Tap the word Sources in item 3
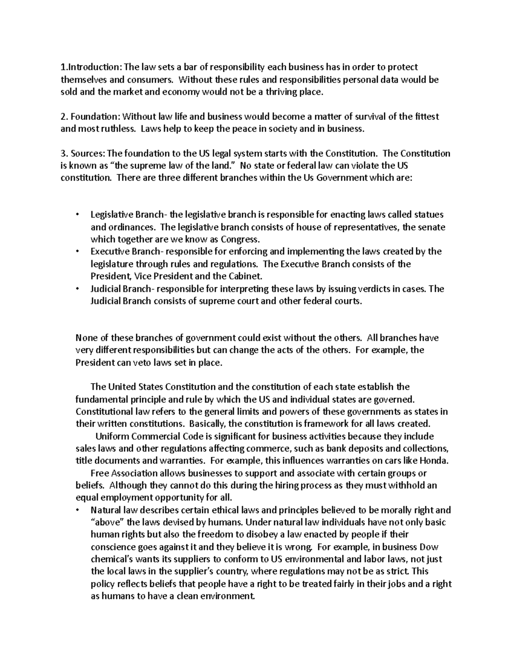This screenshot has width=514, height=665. point(87,153)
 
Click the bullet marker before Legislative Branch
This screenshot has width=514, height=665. point(77,215)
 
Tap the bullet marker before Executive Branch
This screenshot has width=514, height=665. point(77,252)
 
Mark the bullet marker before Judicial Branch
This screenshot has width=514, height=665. point(77,289)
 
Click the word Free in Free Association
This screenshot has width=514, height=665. point(99,474)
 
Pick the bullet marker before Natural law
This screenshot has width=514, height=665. point(77,510)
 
